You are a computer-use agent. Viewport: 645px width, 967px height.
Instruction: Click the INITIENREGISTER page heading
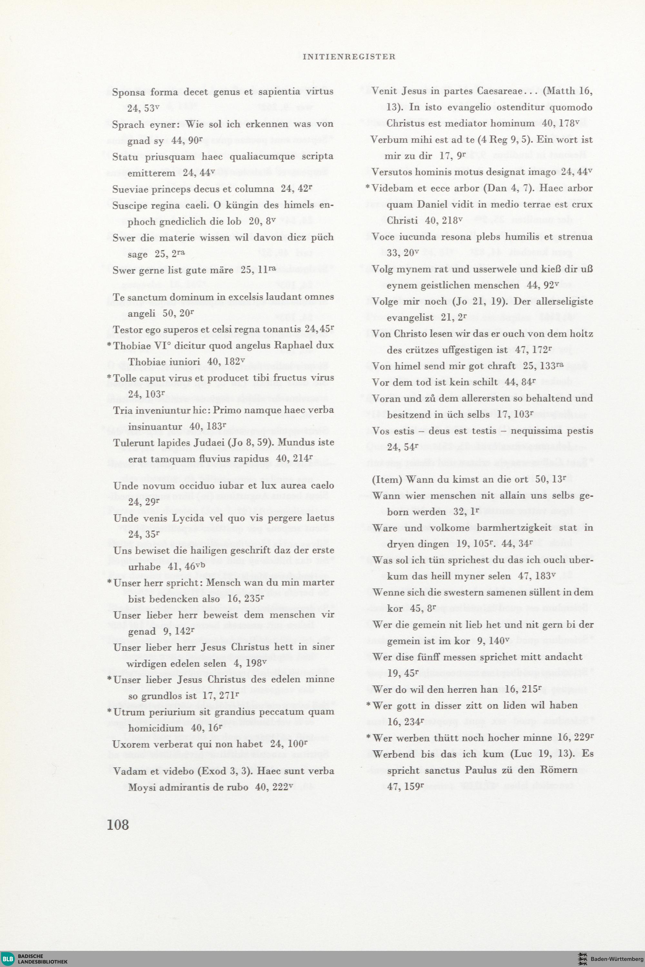349,57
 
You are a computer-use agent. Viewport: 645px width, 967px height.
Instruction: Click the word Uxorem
130,744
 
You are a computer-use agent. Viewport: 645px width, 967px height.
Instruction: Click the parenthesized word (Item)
388,479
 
